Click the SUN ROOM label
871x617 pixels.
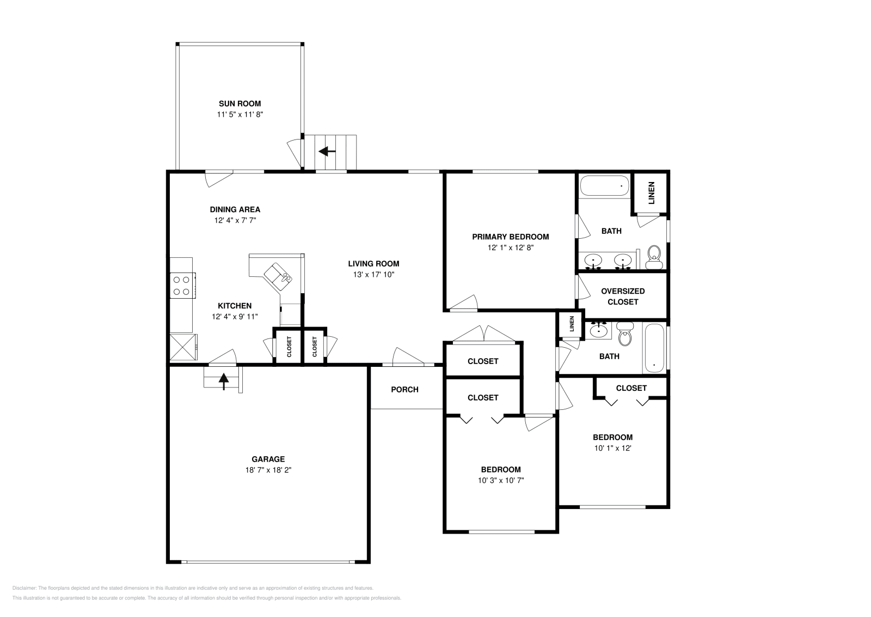[x=240, y=104]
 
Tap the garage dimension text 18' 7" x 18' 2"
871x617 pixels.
[x=268, y=470]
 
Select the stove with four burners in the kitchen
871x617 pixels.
[x=182, y=286]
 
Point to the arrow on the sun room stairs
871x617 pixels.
[x=327, y=152]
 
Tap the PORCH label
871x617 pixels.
[x=404, y=390]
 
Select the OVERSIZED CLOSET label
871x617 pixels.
[x=623, y=297]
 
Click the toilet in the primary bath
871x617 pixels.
[x=654, y=256]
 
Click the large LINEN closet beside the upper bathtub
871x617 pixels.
[x=651, y=192]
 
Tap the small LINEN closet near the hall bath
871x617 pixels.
[x=571, y=324]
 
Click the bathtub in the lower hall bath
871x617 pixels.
[x=653, y=349]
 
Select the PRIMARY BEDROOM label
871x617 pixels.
[x=510, y=237]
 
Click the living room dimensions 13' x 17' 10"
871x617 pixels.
[x=373, y=275]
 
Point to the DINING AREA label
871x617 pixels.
[x=235, y=209]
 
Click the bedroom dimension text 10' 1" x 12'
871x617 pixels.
[x=612, y=448]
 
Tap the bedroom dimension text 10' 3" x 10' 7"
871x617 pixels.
[x=500, y=480]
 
